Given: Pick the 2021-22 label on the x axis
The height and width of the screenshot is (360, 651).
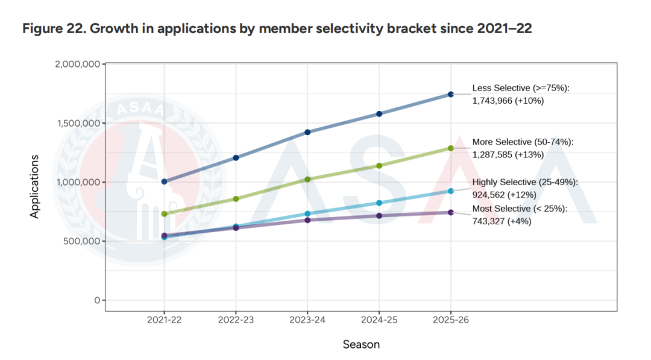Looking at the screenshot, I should (165, 320).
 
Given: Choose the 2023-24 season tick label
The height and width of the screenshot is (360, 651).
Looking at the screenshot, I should (307, 320).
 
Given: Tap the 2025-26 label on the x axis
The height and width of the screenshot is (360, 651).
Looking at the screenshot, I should (450, 320).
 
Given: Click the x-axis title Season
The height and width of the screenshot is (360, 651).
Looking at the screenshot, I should (361, 344).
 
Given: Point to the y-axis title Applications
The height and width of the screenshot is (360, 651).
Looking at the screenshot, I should (34, 186).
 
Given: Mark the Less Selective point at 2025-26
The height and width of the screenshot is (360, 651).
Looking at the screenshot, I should (451, 94).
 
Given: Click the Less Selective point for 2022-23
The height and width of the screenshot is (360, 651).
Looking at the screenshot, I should (236, 158).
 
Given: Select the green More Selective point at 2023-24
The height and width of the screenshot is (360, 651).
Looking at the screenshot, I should (307, 179).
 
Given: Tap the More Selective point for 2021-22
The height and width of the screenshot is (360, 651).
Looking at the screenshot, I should (165, 214).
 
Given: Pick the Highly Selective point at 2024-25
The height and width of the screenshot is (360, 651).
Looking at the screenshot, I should (379, 203).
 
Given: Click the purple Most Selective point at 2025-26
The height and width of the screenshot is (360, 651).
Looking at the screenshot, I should (451, 212).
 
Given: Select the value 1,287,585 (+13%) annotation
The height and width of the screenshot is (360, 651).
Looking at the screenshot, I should (508, 154).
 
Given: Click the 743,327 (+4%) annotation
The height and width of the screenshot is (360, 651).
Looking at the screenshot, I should (502, 221).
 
